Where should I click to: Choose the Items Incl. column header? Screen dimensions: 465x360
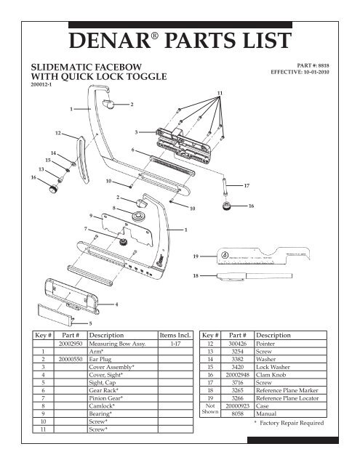pyautogui.click(x=173, y=336)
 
